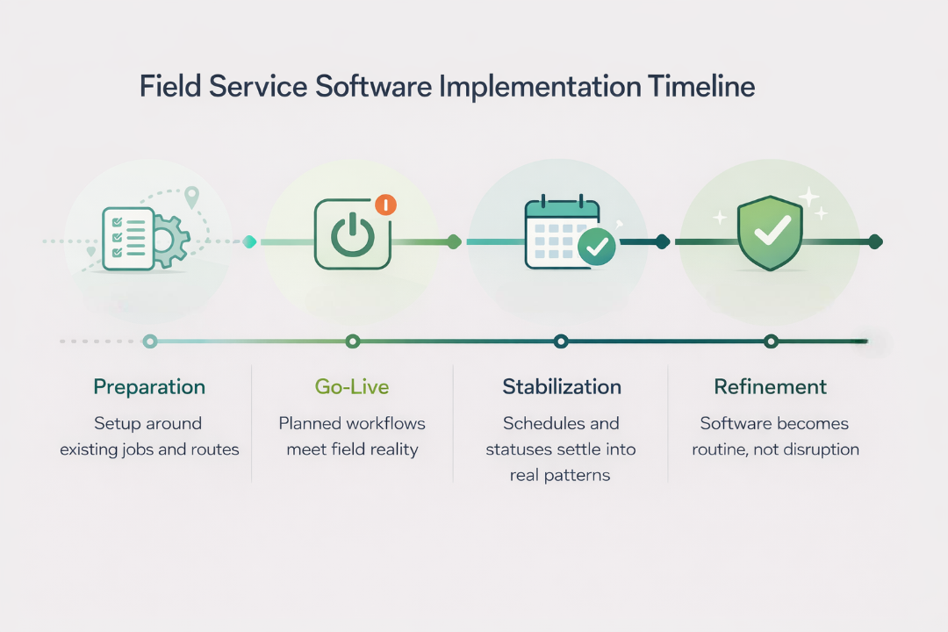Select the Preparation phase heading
tap(149, 387)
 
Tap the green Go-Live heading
tap(351, 387)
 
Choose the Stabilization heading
tap(562, 387)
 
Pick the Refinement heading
tap(770, 387)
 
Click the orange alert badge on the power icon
tap(385, 205)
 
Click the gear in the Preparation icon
tap(170, 240)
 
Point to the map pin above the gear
tap(191, 197)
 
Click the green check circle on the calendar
tap(597, 247)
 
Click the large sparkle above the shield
tap(808, 197)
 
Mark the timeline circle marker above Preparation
tap(150, 341)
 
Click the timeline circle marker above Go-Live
tap(352, 341)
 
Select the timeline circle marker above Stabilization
tap(561, 341)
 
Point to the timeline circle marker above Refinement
tap(771, 341)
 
